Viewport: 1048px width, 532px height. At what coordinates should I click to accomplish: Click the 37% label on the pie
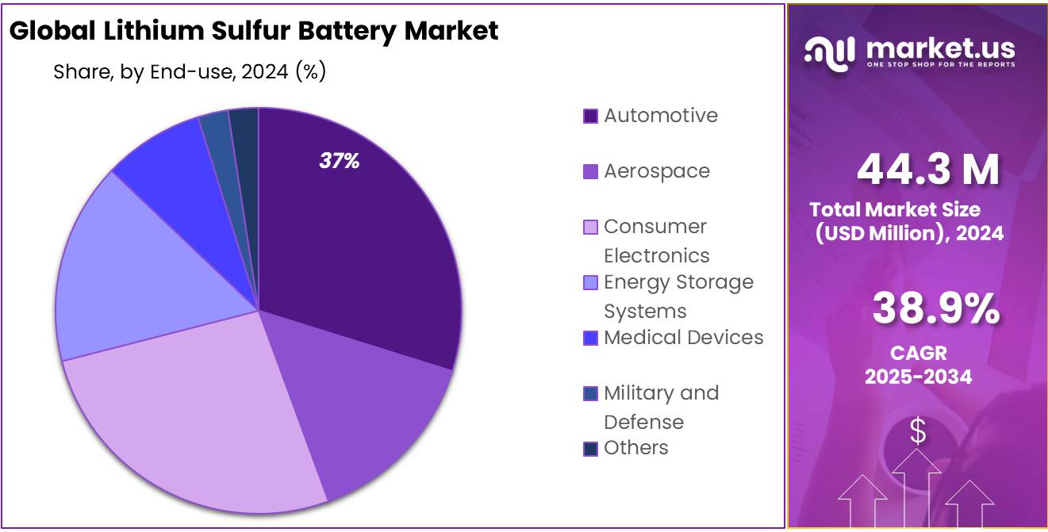(340, 161)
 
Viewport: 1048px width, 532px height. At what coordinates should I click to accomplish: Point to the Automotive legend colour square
(590, 117)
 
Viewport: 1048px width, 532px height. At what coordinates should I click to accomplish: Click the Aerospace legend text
(657, 171)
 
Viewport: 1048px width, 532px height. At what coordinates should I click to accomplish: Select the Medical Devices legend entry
(683, 338)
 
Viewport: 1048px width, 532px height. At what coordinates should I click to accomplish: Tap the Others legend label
(635, 448)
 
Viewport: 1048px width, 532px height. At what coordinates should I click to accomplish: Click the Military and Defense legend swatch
(590, 394)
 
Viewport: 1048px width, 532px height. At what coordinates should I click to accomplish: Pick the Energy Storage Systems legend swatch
(590, 283)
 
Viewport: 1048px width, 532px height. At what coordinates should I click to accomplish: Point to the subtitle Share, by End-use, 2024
(190, 71)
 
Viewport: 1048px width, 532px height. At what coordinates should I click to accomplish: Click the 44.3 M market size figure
(927, 169)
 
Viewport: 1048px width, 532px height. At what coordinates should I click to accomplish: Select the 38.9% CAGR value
(935, 308)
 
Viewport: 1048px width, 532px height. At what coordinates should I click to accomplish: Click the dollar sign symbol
(917, 432)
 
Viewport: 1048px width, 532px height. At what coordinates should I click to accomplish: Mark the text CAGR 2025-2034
(918, 365)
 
